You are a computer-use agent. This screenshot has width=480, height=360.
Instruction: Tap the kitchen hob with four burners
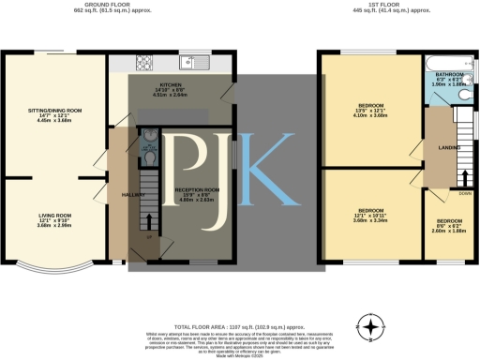[x=145, y=63]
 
